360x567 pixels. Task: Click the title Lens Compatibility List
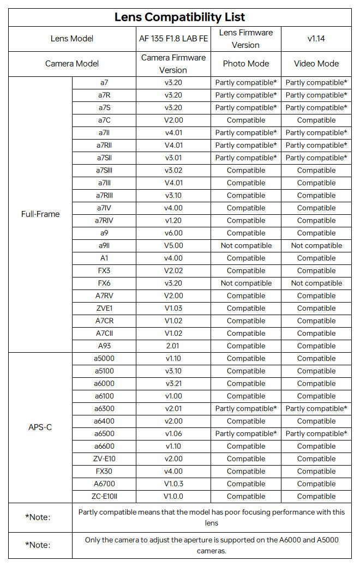coord(179,17)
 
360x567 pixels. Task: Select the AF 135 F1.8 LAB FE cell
coord(173,39)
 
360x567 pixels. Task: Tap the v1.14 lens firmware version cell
coord(316,39)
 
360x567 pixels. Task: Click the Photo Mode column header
coord(245,64)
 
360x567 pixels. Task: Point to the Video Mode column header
coord(316,64)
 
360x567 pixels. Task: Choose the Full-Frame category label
coord(40,214)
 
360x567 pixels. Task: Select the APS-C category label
coord(40,427)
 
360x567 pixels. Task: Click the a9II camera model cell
coord(104,246)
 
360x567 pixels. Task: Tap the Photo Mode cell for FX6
coord(245,283)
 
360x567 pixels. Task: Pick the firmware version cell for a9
coord(173,233)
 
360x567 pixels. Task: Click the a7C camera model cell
coord(104,120)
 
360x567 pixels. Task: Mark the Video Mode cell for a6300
coord(316,409)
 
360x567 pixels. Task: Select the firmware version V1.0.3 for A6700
coord(173,484)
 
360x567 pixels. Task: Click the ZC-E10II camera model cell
coord(104,497)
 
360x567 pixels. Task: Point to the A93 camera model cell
coord(104,346)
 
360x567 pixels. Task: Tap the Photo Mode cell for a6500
coord(245,434)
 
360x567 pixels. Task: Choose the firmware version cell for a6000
coord(173,384)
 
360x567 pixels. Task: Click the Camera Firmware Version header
coord(173,64)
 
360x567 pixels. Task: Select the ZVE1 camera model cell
coord(104,309)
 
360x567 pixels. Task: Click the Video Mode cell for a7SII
coord(316,158)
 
